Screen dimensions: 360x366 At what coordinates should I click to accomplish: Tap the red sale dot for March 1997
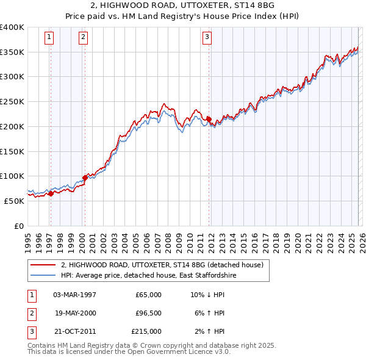click(51, 193)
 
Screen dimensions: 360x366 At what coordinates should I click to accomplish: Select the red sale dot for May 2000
click(85, 178)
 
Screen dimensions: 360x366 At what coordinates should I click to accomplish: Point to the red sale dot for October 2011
click(209, 119)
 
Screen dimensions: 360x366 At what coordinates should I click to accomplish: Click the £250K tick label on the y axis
click(12, 102)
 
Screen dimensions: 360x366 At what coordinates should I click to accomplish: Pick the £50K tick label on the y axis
click(14, 201)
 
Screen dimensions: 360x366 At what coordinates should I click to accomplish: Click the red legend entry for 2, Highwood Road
click(162, 265)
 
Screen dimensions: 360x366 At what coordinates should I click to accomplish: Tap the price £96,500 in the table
click(148, 313)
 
